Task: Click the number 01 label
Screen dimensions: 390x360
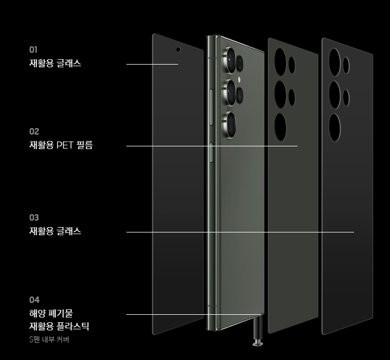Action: (33, 50)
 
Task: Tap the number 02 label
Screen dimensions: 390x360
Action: (34, 131)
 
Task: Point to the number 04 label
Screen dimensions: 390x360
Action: (34, 300)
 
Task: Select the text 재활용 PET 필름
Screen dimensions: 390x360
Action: (61, 145)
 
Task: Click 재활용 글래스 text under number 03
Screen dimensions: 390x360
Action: (55, 231)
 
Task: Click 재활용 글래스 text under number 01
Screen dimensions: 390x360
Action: (55, 63)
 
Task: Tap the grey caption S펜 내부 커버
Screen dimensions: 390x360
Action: (49, 340)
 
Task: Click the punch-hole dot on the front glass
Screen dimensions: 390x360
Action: (178, 49)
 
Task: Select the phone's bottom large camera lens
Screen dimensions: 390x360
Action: (231, 124)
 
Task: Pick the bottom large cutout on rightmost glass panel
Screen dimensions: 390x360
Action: (335, 127)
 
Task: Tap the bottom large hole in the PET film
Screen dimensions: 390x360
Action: (280, 126)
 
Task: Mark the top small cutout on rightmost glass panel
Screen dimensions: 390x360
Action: (346, 65)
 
